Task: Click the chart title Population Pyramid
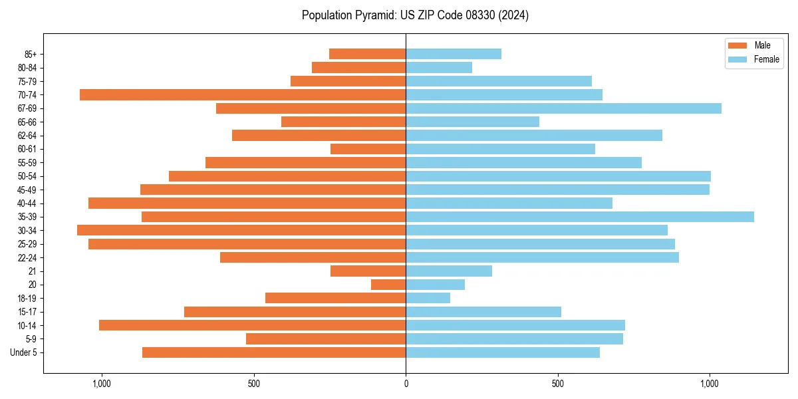pos(415,15)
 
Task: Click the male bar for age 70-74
pos(243,95)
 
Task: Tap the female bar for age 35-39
pos(580,217)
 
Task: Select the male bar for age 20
pos(388,285)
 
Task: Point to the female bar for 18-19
pos(428,298)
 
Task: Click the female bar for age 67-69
pos(563,108)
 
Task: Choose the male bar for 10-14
pos(252,325)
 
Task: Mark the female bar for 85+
pos(454,54)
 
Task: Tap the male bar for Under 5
pos(274,352)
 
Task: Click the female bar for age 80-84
pos(439,68)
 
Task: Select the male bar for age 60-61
pos(368,149)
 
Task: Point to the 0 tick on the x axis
pos(406,384)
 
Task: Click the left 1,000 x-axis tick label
pos(102,384)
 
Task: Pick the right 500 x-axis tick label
pos(557,384)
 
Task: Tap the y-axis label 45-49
pos(27,190)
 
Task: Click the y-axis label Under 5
pos(24,352)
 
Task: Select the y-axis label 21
pos(33,271)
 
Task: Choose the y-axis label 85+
pos(30,54)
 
